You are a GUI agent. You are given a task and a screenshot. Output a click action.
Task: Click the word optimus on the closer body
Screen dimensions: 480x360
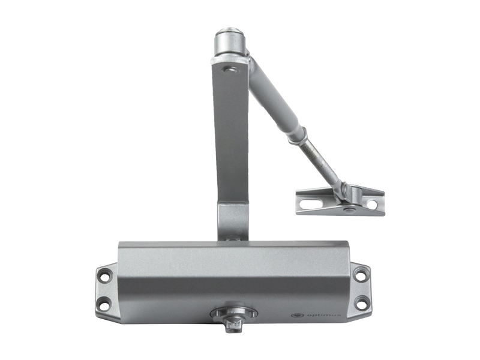[x=322, y=314]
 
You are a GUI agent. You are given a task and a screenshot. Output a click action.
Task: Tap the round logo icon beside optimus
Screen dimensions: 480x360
[x=297, y=314]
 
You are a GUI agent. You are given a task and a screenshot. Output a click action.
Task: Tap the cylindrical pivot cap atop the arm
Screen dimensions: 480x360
[x=230, y=42]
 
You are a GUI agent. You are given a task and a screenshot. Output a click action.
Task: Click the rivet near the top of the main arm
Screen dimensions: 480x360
[x=230, y=70]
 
